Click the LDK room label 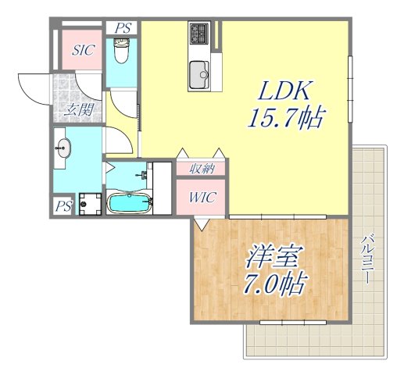(285, 91)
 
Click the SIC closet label (83, 52)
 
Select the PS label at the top (122, 27)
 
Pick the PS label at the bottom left (63, 206)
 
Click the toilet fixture (121, 53)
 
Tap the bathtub (127, 204)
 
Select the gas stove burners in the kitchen (198, 34)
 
